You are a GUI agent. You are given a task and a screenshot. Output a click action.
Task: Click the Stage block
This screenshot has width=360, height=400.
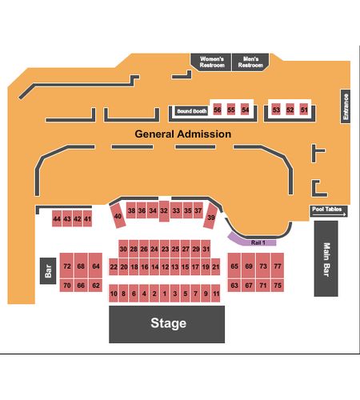click(166, 324)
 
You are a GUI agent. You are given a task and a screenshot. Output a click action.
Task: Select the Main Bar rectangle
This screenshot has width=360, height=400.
click(326, 258)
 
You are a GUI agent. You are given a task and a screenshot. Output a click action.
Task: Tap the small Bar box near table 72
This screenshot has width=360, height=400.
click(48, 270)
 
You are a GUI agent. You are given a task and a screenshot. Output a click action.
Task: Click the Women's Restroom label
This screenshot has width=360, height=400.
click(212, 62)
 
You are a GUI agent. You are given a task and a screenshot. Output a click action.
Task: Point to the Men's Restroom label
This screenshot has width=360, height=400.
click(250, 62)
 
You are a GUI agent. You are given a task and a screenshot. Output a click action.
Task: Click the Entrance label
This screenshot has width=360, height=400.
click(346, 106)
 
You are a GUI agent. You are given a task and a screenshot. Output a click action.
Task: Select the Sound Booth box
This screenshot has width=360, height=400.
click(191, 111)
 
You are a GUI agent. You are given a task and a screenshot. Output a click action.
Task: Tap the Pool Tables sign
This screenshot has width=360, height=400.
click(329, 211)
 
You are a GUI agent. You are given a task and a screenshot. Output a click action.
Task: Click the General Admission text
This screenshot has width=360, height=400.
click(182, 134)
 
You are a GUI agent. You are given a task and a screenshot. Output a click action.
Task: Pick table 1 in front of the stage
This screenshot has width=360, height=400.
click(165, 294)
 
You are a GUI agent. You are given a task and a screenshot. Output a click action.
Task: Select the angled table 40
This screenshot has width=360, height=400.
click(118, 216)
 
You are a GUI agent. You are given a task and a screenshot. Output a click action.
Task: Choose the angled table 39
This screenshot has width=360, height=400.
click(210, 217)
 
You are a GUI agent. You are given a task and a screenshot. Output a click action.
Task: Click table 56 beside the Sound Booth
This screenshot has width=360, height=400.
click(218, 110)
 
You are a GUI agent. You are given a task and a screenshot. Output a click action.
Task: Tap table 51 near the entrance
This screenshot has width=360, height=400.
click(304, 110)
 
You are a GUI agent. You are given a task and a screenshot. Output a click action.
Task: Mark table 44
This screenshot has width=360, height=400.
click(57, 218)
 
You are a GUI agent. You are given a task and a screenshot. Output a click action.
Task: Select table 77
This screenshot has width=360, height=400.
click(278, 266)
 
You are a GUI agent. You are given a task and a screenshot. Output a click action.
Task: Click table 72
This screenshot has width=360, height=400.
click(66, 266)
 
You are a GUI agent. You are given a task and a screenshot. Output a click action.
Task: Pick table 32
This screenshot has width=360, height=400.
click(164, 210)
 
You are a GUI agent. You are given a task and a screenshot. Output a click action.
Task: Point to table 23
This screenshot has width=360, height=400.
click(165, 249)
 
